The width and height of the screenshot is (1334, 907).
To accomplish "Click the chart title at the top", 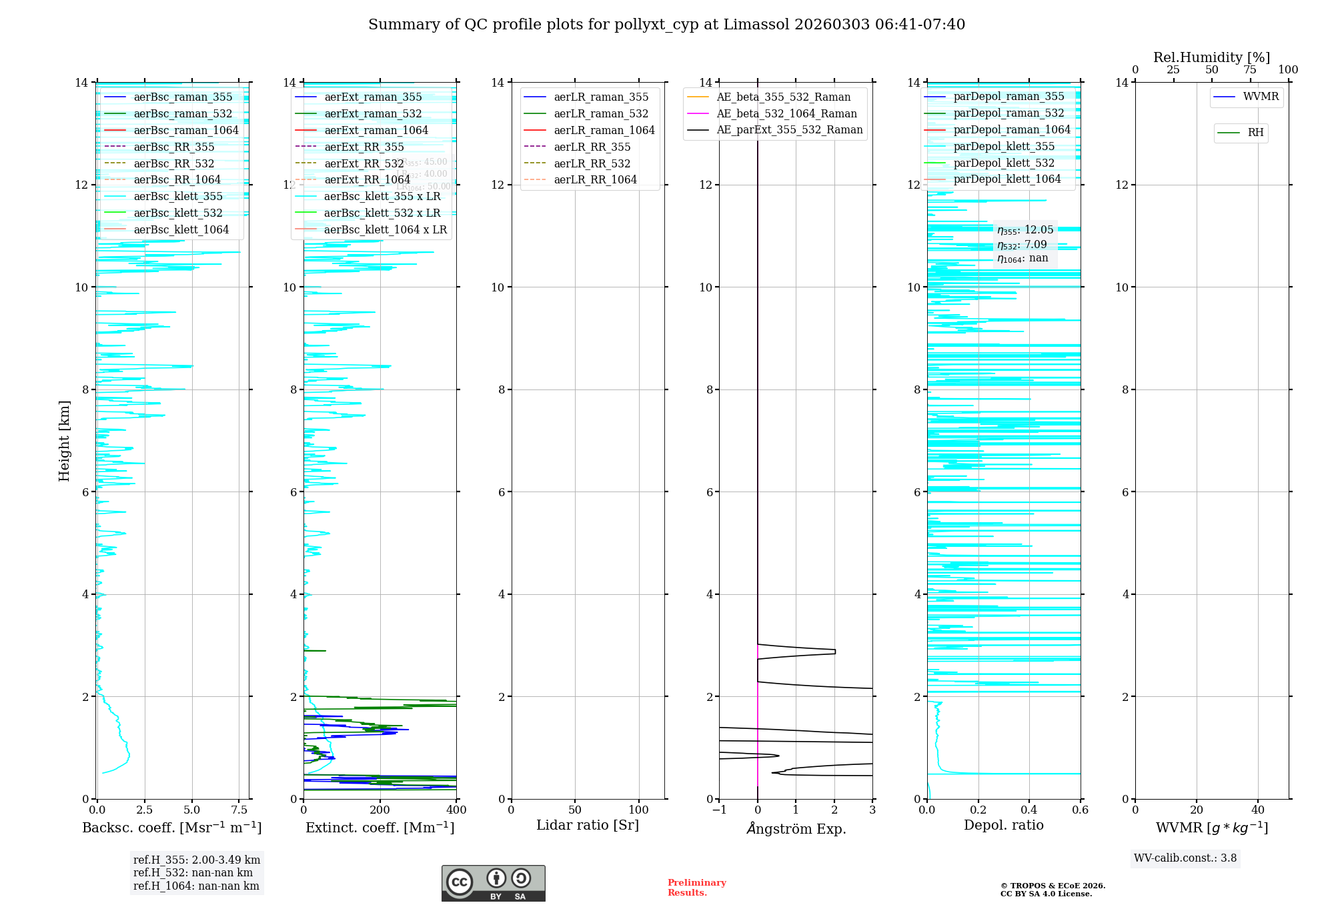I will pos(666,25).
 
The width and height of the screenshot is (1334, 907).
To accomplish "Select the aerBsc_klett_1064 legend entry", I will pos(181,229).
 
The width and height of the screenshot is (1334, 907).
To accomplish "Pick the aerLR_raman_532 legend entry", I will pos(601,113).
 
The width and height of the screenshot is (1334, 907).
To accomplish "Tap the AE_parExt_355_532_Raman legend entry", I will pos(789,129).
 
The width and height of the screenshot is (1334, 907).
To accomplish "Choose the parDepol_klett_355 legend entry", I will pos(1004,146).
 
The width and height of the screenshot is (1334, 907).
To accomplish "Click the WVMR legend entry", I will pos(1261,97).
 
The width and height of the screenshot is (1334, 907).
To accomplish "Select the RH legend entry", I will pos(1255,133).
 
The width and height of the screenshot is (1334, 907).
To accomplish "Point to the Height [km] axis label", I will pos(64,440).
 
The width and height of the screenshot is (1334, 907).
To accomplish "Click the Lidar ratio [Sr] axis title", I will pos(587,825).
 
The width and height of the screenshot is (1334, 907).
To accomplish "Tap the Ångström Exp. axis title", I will pos(796,828).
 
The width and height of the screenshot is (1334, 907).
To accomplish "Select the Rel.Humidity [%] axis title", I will pos(1211,57).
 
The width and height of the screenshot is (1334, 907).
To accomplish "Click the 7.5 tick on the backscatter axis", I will pos(239,810).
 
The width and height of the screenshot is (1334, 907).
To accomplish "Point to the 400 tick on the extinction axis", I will pos(456,810).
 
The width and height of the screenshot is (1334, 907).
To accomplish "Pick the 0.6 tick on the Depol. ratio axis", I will pos(1080,810).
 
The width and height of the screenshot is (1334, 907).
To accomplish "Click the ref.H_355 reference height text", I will pos(196,860).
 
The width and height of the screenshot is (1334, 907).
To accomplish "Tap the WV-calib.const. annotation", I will pos(1185,858).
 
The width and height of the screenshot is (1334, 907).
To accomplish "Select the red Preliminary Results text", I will pos(696,887).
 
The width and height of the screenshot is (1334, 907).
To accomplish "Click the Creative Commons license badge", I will pos(493,883).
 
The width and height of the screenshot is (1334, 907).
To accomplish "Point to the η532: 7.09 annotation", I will pos(1023,244).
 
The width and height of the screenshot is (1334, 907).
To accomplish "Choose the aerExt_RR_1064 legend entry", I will pos(367,179).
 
